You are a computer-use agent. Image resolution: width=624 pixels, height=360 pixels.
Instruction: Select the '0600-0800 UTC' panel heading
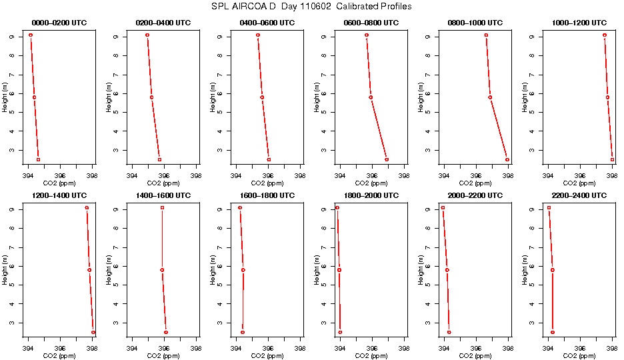[372, 23]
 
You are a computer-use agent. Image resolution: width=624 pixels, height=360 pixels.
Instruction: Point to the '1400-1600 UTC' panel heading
[164, 196]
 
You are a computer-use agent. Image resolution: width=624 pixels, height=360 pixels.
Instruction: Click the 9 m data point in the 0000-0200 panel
[31, 35]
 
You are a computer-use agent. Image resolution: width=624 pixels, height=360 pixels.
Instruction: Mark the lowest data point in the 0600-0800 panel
[387, 159]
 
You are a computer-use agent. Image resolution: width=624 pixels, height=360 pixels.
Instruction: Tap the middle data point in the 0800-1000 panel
[490, 97]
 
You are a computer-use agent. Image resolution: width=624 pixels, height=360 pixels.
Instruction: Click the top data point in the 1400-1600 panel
[162, 208]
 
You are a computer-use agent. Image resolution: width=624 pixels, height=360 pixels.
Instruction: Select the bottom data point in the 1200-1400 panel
[93, 332]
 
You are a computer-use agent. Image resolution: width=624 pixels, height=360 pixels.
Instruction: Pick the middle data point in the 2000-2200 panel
[447, 270]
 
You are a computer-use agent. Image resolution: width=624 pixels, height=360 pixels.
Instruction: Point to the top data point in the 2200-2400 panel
[549, 208]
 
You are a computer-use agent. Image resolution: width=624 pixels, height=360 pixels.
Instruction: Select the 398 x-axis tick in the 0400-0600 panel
[300, 176]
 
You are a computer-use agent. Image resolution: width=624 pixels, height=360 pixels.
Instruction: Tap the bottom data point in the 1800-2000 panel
[340, 332]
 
